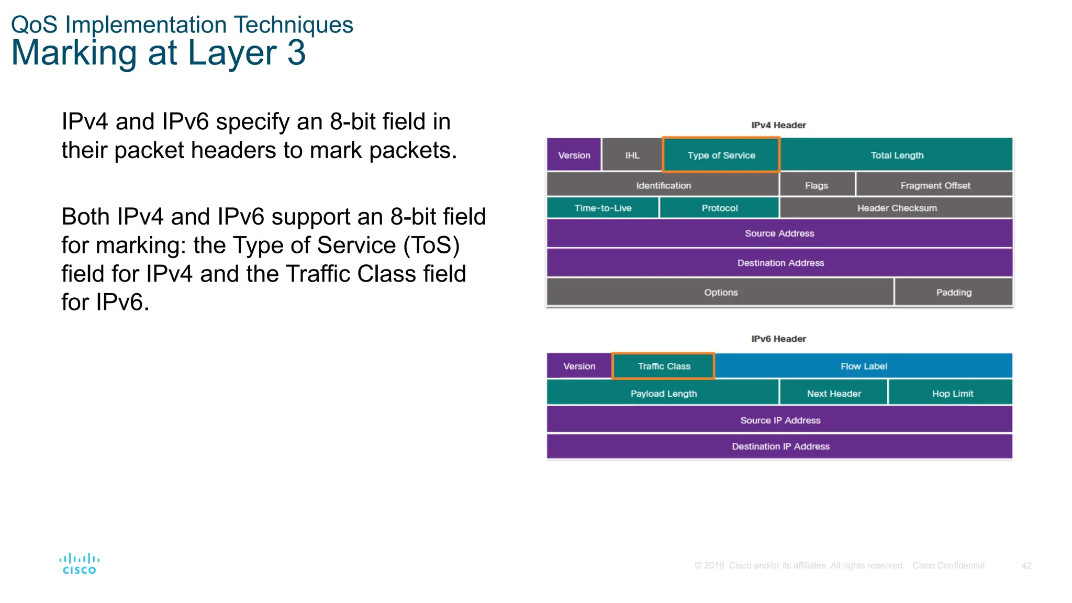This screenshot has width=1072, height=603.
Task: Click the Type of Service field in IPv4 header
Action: pyautogui.click(x=721, y=155)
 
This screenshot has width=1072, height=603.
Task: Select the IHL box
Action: pyautogui.click(x=632, y=155)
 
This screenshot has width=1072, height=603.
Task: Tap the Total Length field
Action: pyautogui.click(x=897, y=155)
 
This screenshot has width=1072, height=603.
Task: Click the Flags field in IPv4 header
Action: pyautogui.click(x=817, y=185)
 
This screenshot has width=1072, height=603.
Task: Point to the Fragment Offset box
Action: pyautogui.click(x=935, y=185)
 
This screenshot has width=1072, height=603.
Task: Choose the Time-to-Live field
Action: pyautogui.click(x=602, y=208)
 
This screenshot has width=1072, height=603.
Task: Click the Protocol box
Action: pyautogui.click(x=719, y=208)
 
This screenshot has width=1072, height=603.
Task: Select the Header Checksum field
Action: pyautogui.click(x=897, y=208)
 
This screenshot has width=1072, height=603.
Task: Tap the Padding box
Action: pyautogui.click(x=954, y=292)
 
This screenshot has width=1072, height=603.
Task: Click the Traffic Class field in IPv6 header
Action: pyautogui.click(x=664, y=366)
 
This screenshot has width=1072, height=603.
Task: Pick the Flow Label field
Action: pyautogui.click(x=864, y=366)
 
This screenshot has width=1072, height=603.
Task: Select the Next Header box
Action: pyautogui.click(x=833, y=393)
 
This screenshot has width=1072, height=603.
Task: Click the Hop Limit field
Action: pyautogui.click(x=952, y=393)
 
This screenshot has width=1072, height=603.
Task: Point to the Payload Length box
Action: pyautogui.click(x=663, y=393)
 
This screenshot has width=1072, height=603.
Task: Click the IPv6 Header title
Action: pyautogui.click(x=778, y=339)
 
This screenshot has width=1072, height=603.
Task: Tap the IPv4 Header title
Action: pyautogui.click(x=778, y=125)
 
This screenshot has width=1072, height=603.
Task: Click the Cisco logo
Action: pyautogui.click(x=79, y=564)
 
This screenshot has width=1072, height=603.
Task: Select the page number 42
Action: pyautogui.click(x=1026, y=565)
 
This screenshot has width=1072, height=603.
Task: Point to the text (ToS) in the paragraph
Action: pyautogui.click(x=431, y=245)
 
